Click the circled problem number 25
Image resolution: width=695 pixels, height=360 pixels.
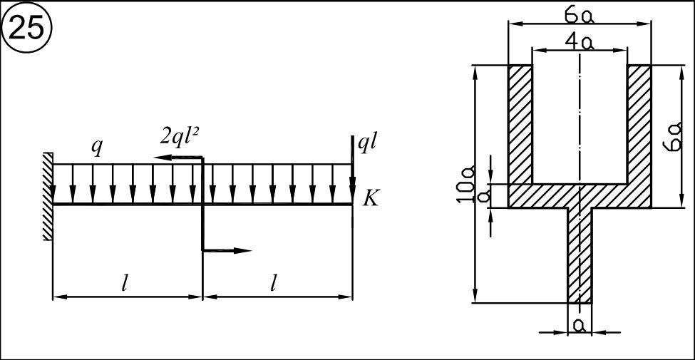[x=27, y=29]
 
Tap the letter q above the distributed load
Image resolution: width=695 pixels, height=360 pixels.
[x=96, y=148]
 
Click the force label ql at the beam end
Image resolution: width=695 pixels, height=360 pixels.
[x=368, y=145]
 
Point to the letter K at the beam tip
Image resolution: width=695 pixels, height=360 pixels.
[x=371, y=200]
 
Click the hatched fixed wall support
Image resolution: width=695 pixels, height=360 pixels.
[x=48, y=197]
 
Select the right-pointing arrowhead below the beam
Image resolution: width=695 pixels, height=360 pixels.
[x=243, y=250]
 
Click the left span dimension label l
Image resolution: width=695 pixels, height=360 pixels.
[x=125, y=282]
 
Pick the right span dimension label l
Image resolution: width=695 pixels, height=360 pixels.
[x=274, y=282]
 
